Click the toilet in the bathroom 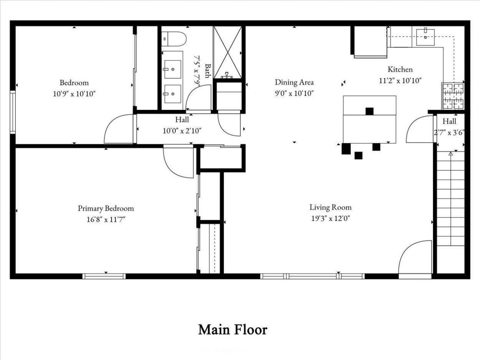coord(174,39)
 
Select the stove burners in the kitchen coord(453,96)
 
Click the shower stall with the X coord(227,52)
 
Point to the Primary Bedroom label coord(106,208)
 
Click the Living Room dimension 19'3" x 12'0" coord(330,218)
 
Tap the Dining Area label coord(294,82)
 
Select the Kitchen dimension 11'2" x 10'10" coord(400,81)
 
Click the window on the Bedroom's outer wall coord(13,112)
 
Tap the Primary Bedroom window coord(104,276)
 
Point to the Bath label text coord(208,71)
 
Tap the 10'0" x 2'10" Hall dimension coord(182,131)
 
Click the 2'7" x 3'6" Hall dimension coord(449,133)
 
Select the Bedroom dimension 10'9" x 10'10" coord(74,94)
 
